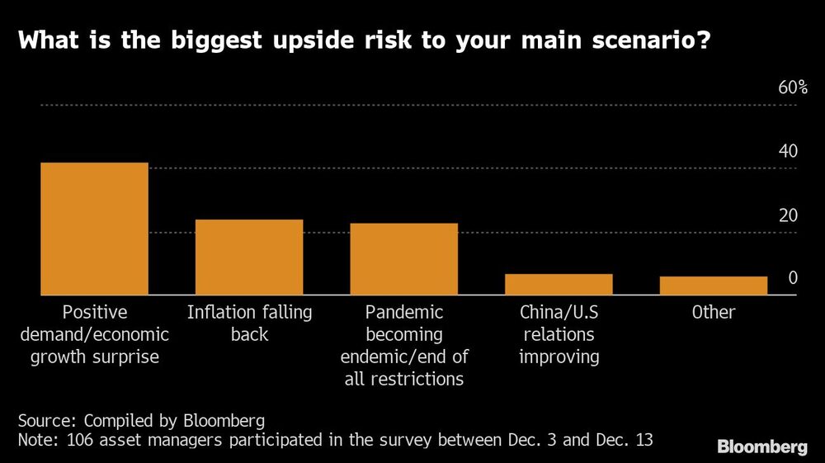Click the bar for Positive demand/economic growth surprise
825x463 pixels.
94,229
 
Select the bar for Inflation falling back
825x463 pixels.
249,257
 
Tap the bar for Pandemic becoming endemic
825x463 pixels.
403,259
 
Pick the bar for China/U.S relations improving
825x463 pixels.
559,284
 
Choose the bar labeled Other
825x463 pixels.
714,286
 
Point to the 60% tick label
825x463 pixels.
793,88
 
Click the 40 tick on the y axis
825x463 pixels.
788,152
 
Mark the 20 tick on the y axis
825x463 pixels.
788,215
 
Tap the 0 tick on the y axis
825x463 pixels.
793,278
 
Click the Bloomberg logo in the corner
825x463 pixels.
761,447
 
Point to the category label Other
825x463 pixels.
714,313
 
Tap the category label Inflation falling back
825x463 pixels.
249,324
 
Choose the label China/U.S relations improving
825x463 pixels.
559,334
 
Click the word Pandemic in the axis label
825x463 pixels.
404,313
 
